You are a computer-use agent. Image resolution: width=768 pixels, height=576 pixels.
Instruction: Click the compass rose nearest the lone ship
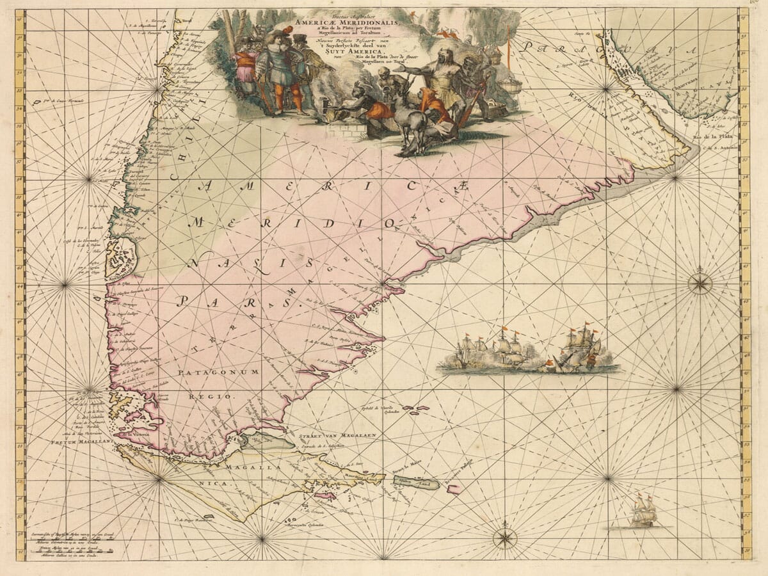(x=505, y=537)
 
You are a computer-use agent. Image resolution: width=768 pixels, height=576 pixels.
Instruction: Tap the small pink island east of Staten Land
(x=454, y=489)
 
